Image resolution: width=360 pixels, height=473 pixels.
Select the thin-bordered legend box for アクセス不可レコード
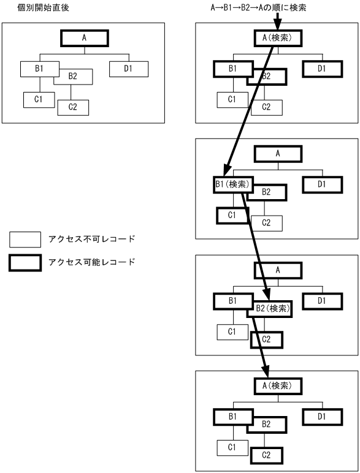point(25,239)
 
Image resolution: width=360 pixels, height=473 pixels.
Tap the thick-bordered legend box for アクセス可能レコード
point(25,263)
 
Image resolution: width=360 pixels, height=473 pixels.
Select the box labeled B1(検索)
point(232,185)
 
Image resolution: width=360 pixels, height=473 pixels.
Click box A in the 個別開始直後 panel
point(83,37)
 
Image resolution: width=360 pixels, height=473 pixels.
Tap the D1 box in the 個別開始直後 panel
point(128,68)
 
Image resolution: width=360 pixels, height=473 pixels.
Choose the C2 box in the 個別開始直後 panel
point(73,107)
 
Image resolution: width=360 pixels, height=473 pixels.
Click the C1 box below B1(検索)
point(232,215)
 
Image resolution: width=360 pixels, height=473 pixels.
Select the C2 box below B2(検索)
point(266,339)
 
